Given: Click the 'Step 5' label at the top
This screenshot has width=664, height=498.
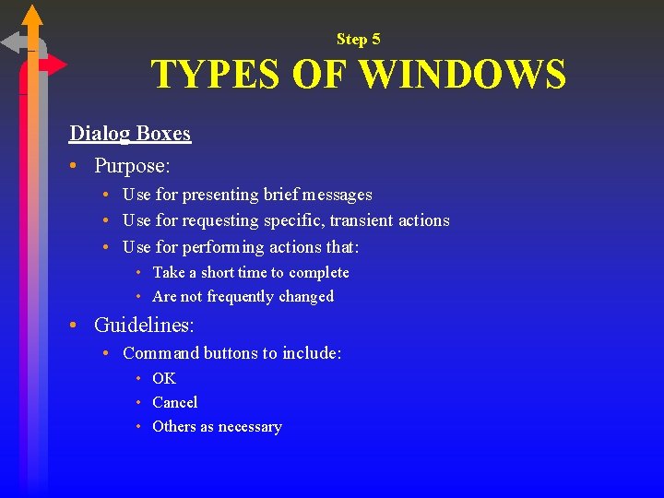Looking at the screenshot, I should tap(358, 39).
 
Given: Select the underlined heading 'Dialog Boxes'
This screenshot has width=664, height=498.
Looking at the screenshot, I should tap(130, 133).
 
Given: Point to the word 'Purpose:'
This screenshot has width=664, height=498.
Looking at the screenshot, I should tap(133, 166).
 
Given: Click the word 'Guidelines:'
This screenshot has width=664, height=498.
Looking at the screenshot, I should tap(144, 325).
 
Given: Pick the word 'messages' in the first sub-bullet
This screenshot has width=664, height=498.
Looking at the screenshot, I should tap(338, 195).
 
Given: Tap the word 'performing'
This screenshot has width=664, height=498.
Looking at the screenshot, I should tap(221, 247).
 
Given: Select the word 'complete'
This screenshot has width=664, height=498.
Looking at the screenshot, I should tap(318, 272).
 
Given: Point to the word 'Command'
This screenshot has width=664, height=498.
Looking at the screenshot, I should tap(160, 352).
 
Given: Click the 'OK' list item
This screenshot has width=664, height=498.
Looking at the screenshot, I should tap(164, 378).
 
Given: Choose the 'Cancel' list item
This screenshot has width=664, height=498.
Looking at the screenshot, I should tap(175, 402).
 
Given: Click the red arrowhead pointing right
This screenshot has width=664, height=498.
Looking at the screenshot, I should tap(56, 65).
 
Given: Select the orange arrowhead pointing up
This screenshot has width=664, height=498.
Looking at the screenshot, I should tap(32, 15).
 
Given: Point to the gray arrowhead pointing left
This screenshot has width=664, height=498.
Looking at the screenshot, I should tap(12, 42).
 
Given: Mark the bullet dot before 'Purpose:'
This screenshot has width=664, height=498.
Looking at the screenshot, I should tap(74, 167).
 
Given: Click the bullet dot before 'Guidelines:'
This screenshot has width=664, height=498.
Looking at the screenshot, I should tap(74, 326).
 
